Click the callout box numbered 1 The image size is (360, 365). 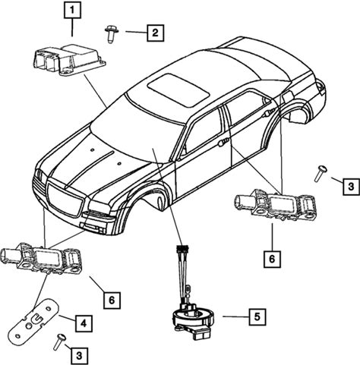coord(72,10)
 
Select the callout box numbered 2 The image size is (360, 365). coord(155,33)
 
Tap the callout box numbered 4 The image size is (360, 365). coord(84,323)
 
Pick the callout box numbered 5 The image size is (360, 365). coord(257,316)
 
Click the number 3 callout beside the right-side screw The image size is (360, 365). coord(351,187)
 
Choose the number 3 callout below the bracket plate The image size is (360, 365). coord(79,356)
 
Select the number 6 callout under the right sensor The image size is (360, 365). coord(272,259)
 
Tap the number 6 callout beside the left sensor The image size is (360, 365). coord(112,300)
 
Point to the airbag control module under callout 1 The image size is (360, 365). coord(69,59)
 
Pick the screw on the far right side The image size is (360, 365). coord(320,174)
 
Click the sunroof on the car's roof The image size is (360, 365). coord(178,90)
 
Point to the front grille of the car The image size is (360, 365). coord(65,200)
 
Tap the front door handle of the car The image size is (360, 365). coord(223,143)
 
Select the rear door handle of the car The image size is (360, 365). coord(269,112)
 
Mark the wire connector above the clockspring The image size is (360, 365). coord(183,249)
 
